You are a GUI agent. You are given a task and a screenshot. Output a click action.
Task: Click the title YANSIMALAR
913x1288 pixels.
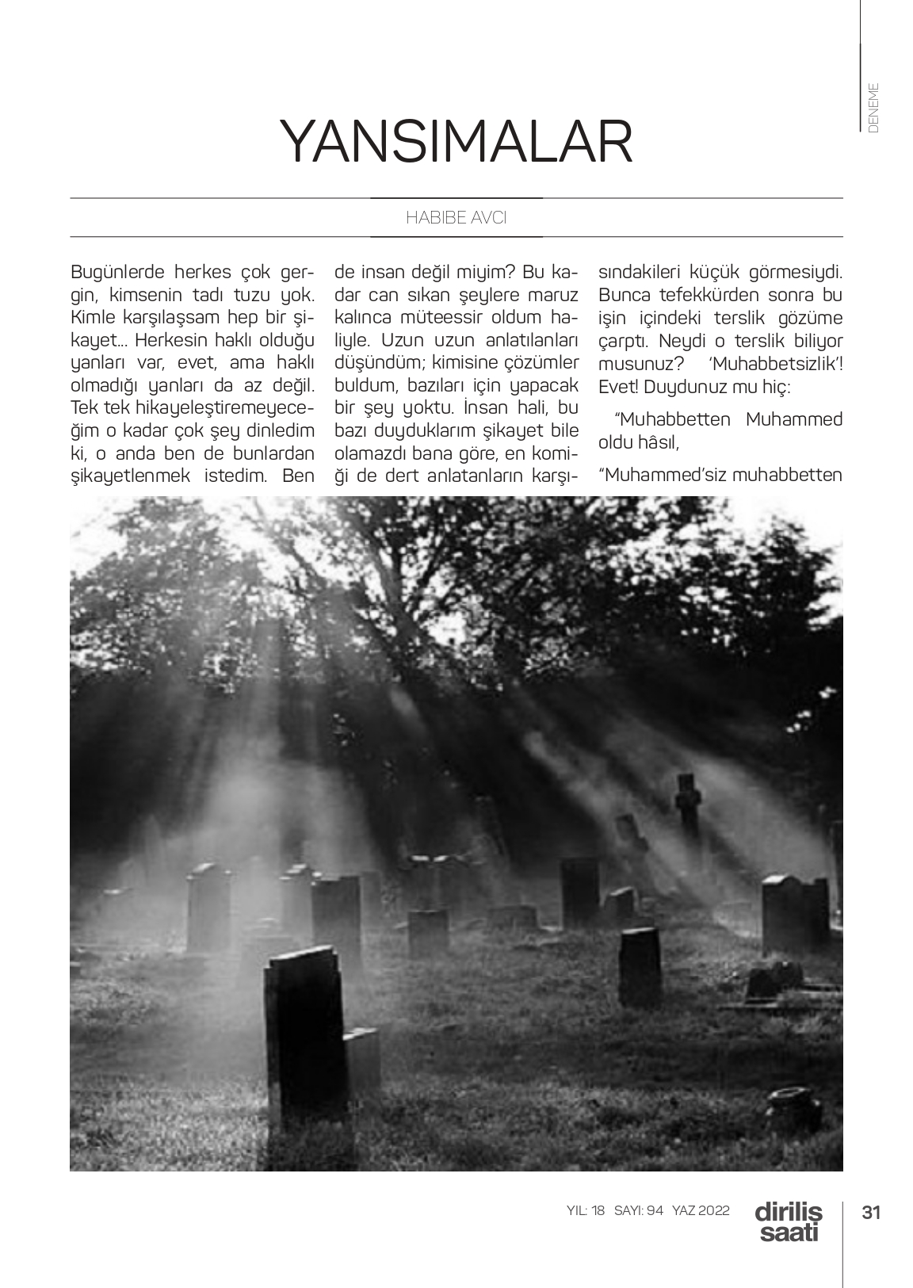point(456,143)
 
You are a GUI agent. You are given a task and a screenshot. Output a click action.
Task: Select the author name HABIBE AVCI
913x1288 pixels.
point(456,218)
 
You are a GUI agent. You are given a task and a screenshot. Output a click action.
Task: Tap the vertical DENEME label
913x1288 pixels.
point(873,107)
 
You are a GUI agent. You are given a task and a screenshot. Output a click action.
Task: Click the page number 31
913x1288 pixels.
point(872,1212)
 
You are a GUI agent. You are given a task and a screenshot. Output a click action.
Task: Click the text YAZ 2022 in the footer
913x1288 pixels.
point(701,1211)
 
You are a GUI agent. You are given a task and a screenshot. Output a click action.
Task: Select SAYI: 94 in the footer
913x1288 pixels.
point(638,1211)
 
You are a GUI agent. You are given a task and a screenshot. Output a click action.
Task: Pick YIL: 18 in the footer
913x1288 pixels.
point(586,1211)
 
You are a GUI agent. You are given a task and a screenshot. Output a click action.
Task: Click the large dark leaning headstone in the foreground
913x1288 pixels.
point(305,1030)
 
